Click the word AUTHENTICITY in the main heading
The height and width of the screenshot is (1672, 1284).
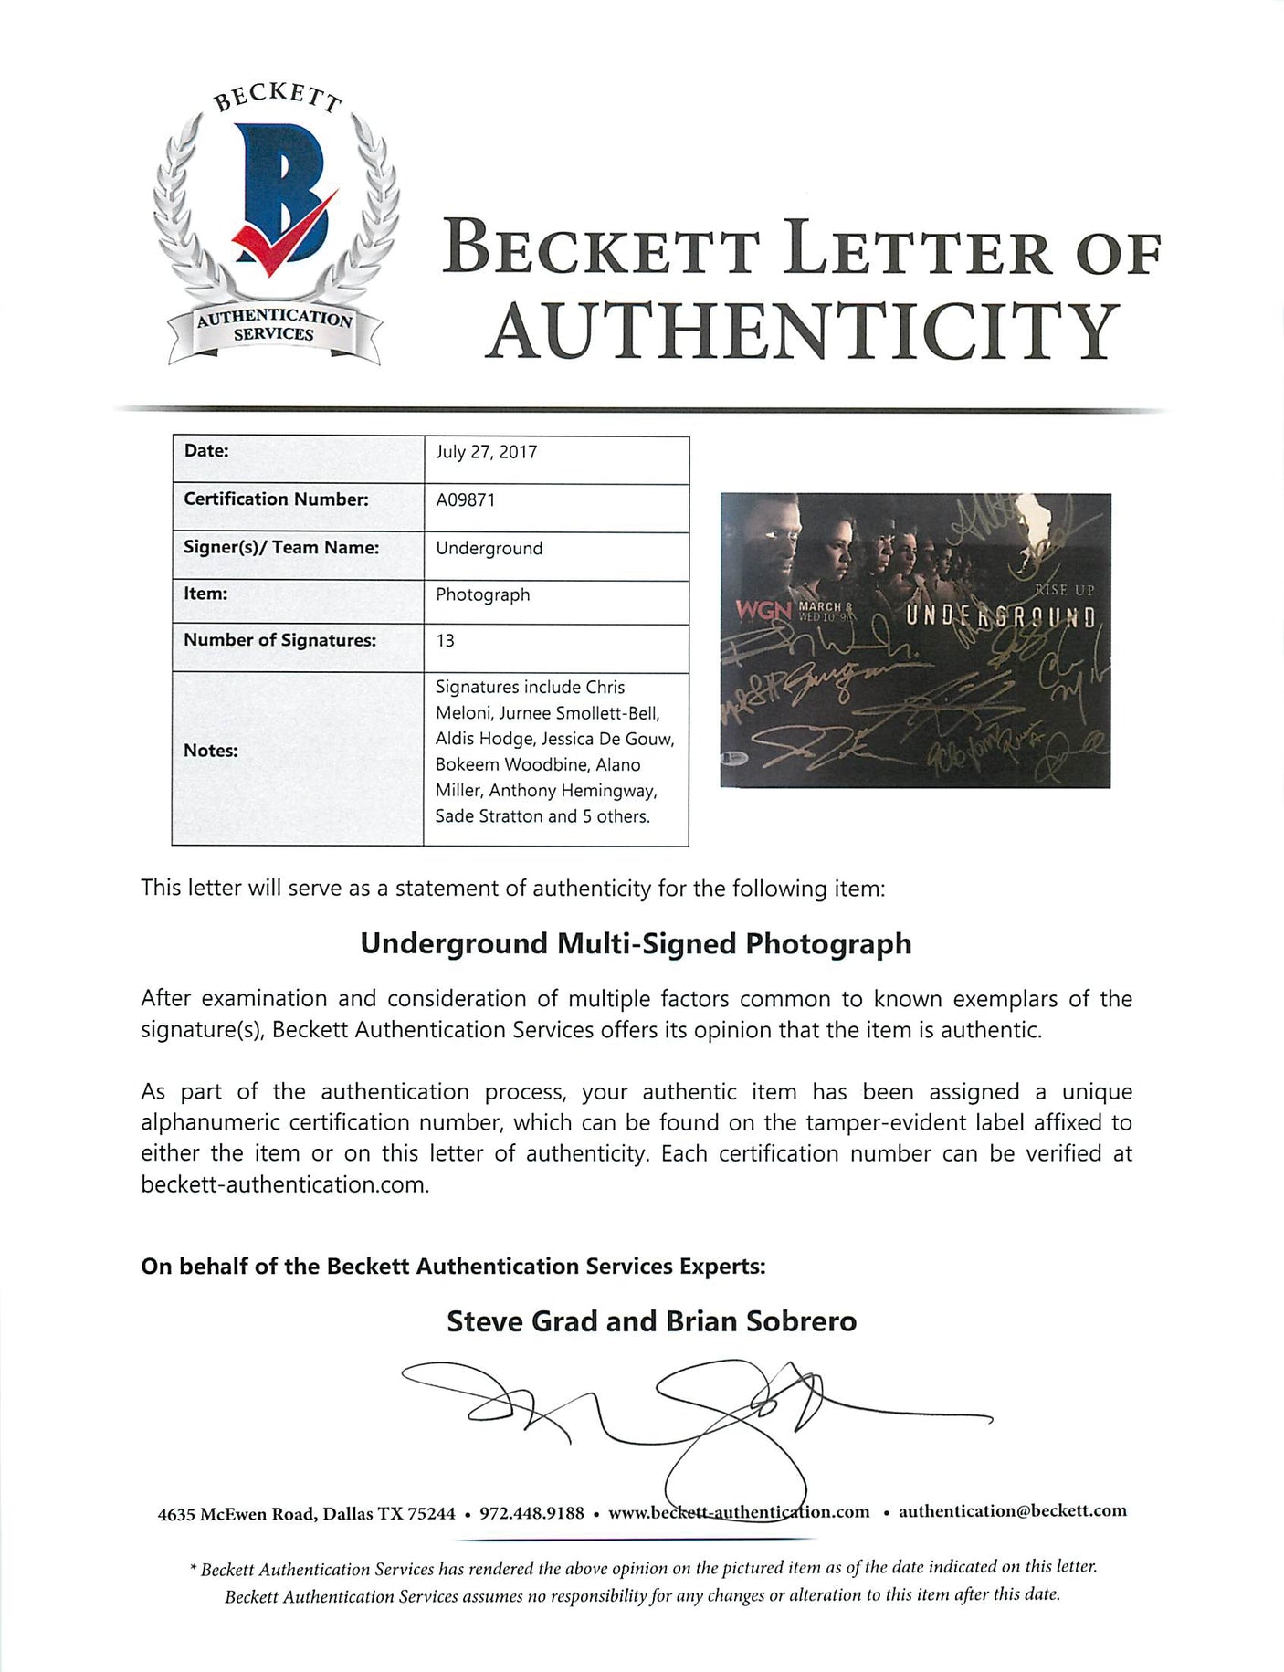pyautogui.click(x=804, y=332)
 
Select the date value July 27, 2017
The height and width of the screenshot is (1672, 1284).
pyautogui.click(x=486, y=452)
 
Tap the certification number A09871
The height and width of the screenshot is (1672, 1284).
pyautogui.click(x=465, y=500)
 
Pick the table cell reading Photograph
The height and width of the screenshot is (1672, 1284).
pyautogui.click(x=482, y=594)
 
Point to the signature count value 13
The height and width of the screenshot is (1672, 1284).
pyautogui.click(x=445, y=640)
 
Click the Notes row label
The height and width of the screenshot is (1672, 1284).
pyautogui.click(x=210, y=751)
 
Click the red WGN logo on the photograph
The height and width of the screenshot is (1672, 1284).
pyautogui.click(x=763, y=610)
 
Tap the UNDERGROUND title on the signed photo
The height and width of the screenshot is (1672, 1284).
pyautogui.click(x=1000, y=617)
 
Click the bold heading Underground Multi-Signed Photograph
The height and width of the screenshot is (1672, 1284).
pyautogui.click(x=636, y=943)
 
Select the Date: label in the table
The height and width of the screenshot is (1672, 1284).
pyautogui.click(x=206, y=451)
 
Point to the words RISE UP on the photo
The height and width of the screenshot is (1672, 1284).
pyautogui.click(x=1064, y=591)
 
